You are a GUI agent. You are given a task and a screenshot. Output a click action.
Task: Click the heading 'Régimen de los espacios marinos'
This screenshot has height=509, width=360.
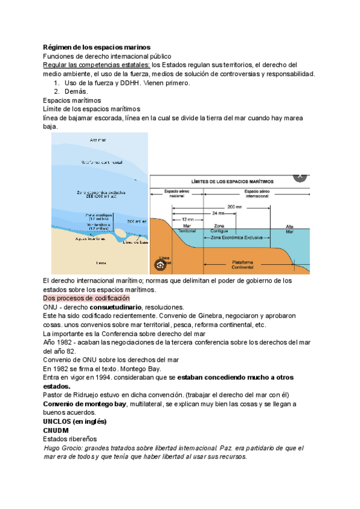click(97, 47)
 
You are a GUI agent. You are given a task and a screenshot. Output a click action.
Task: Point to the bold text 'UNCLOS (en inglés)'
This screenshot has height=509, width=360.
click(75, 422)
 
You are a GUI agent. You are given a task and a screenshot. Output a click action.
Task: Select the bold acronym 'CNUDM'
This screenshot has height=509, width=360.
click(56, 431)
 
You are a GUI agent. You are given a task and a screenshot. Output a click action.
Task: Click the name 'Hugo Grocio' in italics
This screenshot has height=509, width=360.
click(64, 448)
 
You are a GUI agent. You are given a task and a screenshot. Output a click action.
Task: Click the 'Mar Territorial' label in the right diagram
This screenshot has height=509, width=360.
click(187, 229)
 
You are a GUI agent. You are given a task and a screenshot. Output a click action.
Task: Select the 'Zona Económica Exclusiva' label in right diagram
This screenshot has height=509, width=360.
click(237, 238)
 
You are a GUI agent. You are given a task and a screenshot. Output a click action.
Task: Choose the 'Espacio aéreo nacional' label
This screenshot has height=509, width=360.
click(176, 193)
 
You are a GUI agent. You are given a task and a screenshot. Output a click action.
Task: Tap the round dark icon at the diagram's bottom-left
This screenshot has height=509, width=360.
click(160, 265)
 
